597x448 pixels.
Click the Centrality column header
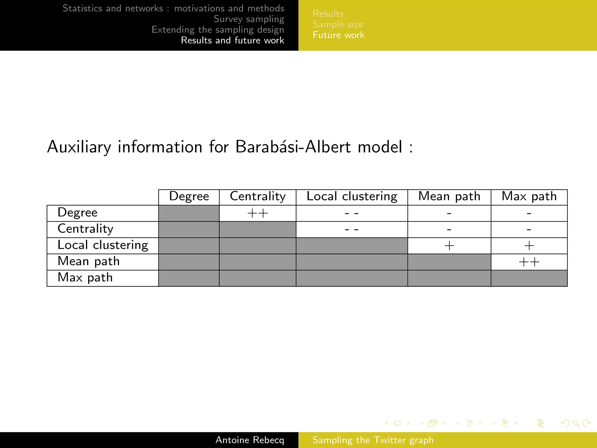[257, 196]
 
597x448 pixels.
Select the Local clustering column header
[352, 196]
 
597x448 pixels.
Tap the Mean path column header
[449, 196]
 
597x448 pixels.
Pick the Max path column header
[529, 196]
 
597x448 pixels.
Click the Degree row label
[78, 213]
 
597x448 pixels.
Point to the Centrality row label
[85, 229]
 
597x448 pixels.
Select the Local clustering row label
[103, 245]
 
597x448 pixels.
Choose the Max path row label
[85, 278]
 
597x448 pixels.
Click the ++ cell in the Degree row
[257, 213]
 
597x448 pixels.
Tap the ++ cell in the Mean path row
[529, 262]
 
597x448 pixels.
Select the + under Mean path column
[449, 246]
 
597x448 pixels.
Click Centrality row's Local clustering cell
[352, 230]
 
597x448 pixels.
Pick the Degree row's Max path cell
[529, 213]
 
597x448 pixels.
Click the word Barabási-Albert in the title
[293, 147]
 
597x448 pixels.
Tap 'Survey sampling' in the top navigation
[249, 19]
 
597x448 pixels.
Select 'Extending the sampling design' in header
[218, 30]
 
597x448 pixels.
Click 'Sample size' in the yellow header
[338, 24]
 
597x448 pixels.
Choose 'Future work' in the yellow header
[338, 35]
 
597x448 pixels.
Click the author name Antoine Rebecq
[250, 440]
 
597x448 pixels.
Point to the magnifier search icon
[576, 423]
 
